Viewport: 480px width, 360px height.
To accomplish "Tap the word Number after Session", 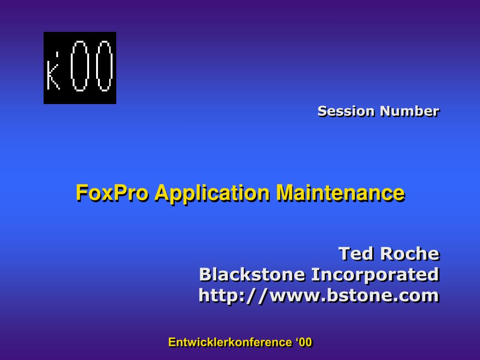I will coord(409,111).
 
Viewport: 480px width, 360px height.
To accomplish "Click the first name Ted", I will coord(356,253).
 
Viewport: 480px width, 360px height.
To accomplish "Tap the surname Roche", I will coord(409,253).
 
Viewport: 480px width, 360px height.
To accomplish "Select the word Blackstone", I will coord(253,274).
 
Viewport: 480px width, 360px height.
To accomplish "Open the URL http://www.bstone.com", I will coord(319,295).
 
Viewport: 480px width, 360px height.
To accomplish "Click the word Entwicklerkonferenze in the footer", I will coord(230,342).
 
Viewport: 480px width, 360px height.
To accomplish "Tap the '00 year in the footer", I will coord(304,342).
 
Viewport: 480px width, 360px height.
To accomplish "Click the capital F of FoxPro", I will coord(81,192).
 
